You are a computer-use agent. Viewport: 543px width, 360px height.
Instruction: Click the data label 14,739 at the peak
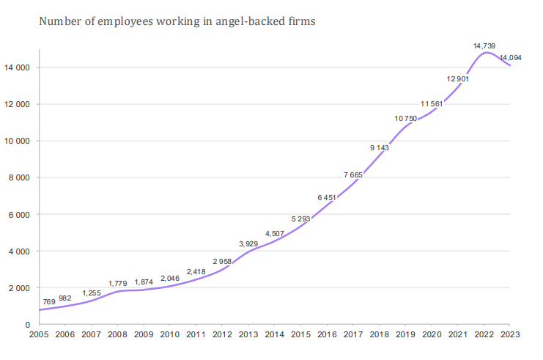click(484, 45)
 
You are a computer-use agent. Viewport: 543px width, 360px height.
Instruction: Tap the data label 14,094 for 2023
click(511, 58)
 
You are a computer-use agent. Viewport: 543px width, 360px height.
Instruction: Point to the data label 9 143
click(379, 148)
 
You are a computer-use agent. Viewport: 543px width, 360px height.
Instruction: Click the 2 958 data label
click(223, 262)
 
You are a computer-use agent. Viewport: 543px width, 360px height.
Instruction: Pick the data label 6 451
click(327, 197)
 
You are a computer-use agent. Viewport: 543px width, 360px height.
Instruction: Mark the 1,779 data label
click(119, 283)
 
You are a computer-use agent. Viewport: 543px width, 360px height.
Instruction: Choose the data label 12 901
click(458, 78)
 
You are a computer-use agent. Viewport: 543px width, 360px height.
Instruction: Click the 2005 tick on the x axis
click(39, 334)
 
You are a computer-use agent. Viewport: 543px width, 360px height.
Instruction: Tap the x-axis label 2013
click(248, 334)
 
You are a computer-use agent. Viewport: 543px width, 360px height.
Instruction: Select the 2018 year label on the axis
click(379, 334)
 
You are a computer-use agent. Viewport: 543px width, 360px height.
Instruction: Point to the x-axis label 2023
click(510, 334)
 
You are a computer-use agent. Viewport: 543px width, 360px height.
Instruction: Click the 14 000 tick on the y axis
click(15, 67)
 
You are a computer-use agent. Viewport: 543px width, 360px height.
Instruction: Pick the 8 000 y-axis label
click(18, 177)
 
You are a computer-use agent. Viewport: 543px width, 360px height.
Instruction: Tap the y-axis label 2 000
click(18, 287)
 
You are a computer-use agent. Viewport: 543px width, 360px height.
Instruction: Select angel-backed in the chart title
click(253, 21)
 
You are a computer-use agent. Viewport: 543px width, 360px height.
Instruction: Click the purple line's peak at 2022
click(485, 53)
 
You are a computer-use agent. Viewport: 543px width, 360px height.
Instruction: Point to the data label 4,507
click(276, 234)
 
